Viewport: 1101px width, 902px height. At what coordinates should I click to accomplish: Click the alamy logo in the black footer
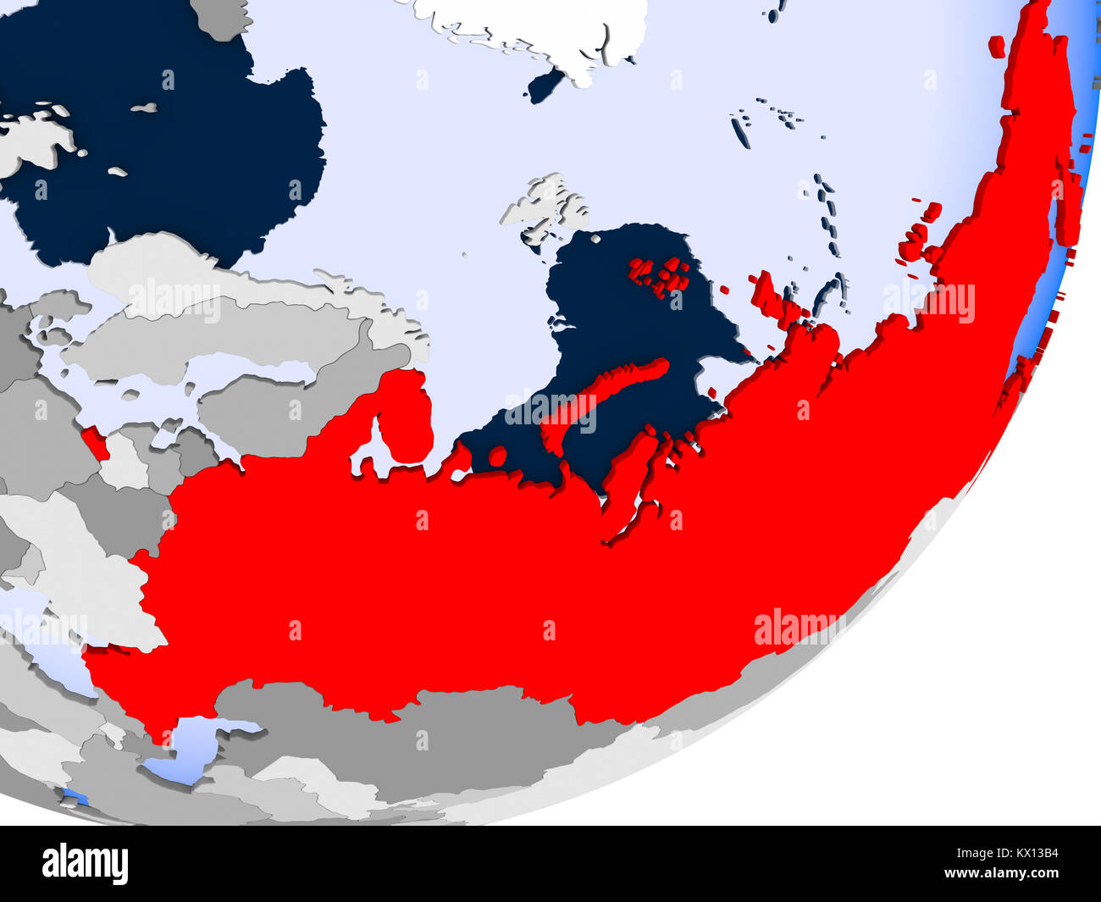pos(86,865)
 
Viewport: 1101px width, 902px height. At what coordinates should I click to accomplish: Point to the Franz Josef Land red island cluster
pos(661,275)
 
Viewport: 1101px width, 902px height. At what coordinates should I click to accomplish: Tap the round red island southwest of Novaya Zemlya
pos(498,457)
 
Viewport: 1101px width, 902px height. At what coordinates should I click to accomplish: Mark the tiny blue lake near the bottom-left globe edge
pos(76,798)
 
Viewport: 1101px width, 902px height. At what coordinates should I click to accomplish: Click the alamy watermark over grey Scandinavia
pos(174,301)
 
